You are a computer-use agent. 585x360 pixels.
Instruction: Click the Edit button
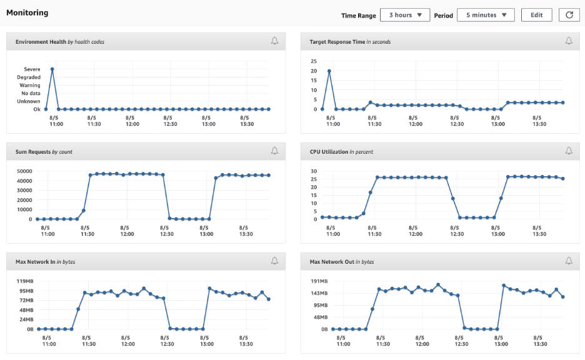(536, 15)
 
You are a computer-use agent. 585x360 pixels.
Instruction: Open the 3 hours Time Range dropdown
(405, 15)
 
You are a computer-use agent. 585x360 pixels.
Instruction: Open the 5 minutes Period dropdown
(486, 15)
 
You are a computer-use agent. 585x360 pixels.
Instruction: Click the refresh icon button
(569, 15)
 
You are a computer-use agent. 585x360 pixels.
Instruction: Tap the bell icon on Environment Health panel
(274, 41)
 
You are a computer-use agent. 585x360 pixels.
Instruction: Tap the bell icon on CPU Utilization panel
(569, 151)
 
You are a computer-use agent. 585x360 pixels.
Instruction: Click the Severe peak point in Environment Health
(52, 69)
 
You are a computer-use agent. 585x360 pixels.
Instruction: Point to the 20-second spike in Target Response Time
(329, 71)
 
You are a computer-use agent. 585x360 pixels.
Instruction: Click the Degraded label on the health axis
(29, 77)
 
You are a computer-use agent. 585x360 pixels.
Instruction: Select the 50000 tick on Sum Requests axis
(24, 171)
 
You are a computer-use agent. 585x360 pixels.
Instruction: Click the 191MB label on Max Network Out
(319, 281)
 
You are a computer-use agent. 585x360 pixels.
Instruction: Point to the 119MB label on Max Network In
(25, 281)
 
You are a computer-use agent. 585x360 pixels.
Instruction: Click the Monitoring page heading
(27, 12)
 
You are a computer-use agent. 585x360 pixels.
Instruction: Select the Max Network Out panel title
(342, 262)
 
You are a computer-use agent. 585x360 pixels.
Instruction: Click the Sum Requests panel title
(44, 152)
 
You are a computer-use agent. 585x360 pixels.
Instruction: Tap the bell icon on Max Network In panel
(274, 261)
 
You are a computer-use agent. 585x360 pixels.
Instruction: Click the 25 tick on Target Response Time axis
(314, 61)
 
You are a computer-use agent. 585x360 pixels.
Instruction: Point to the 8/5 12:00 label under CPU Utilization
(415, 231)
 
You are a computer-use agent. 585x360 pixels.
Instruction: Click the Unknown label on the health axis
(28, 101)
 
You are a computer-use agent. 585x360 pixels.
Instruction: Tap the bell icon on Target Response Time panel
(569, 41)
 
